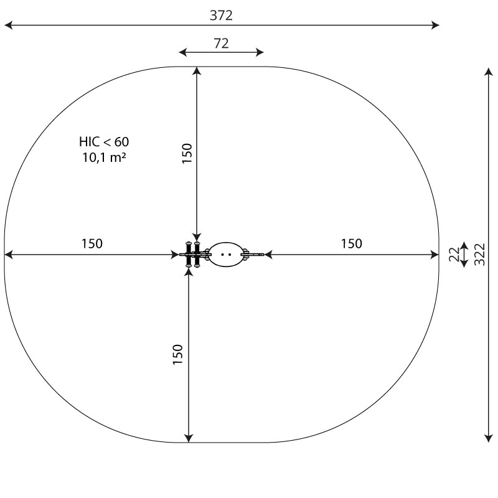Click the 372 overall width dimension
tap(221, 16)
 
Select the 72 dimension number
tap(221, 44)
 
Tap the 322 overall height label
tap(479, 255)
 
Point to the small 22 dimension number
tap(454, 255)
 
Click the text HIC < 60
tap(104, 142)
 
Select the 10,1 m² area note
tap(104, 157)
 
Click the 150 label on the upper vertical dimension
tap(187, 153)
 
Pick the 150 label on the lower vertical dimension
tap(178, 354)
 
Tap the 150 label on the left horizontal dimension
tap(92, 243)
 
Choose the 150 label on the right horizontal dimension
tap(351, 243)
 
